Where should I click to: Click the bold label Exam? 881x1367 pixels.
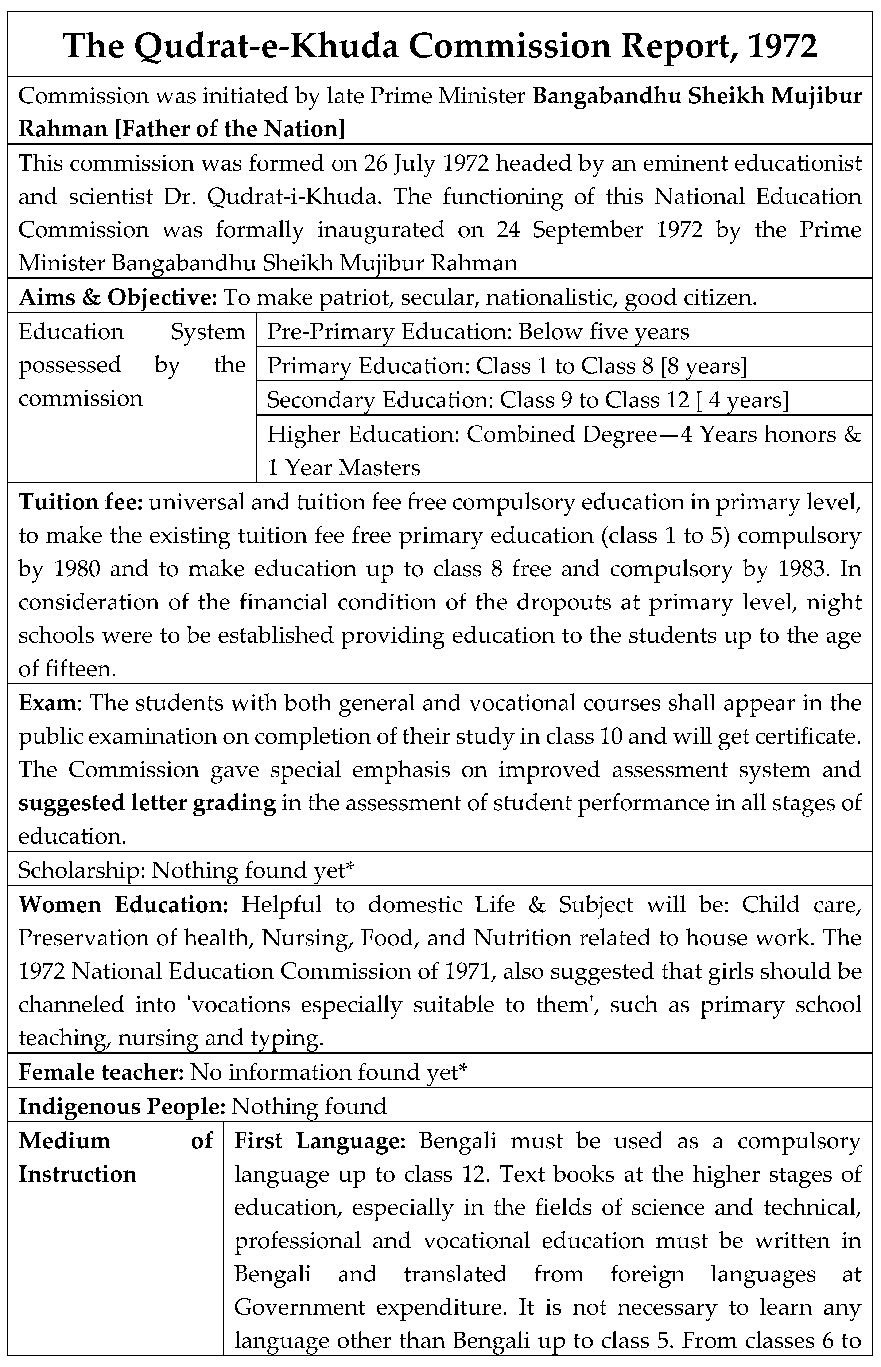click(x=47, y=703)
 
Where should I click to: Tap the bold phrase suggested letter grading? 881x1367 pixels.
click(x=147, y=803)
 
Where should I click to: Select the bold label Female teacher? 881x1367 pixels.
click(x=100, y=1072)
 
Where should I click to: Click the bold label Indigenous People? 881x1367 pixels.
click(x=122, y=1106)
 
